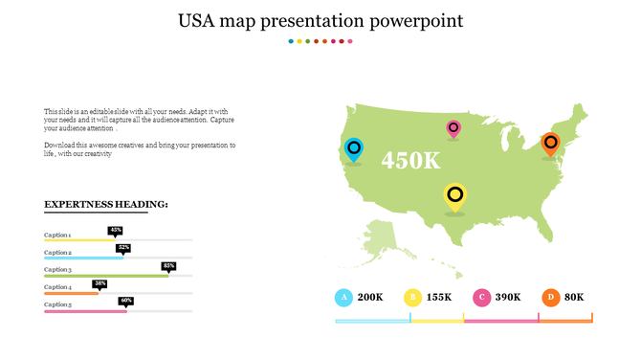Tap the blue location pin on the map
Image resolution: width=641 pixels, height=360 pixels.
click(x=354, y=148)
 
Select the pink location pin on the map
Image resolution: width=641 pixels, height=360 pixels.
click(x=453, y=128)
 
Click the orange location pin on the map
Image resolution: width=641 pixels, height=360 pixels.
click(x=549, y=144)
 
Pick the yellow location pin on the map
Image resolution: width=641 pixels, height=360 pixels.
click(x=455, y=196)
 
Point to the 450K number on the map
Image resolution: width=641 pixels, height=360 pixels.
click(x=410, y=160)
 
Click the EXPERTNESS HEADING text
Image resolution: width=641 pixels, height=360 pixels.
click(x=106, y=204)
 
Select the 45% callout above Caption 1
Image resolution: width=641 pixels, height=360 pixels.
click(x=116, y=230)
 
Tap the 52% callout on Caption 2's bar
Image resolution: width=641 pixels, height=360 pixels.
click(x=123, y=248)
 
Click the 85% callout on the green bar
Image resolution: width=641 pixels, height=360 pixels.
click(x=168, y=265)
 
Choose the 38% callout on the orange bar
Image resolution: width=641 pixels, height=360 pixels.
click(x=99, y=283)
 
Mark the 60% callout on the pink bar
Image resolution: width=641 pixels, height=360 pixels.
click(x=126, y=301)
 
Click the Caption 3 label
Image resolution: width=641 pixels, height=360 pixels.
click(x=58, y=270)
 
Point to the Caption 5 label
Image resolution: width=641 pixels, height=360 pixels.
click(x=58, y=304)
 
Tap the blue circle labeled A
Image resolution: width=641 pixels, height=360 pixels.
click(x=343, y=297)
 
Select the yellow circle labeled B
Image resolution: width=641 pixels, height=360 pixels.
click(x=412, y=297)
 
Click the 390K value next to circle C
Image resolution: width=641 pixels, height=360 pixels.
click(x=508, y=297)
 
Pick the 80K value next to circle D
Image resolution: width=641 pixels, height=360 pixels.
click(x=574, y=297)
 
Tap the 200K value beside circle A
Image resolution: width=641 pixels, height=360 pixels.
click(x=370, y=297)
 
